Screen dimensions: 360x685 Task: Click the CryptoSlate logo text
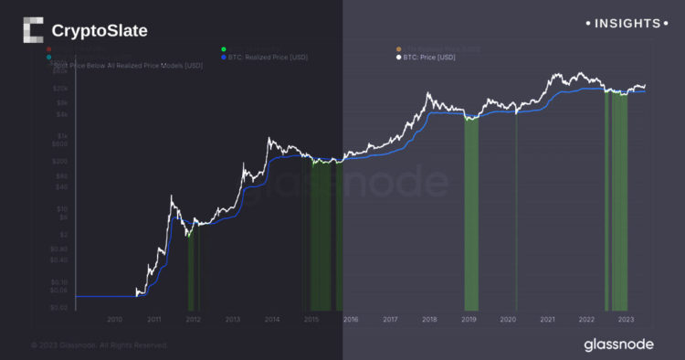pyautogui.click(x=100, y=31)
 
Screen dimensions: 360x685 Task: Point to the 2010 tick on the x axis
pyautogui.click(x=114, y=319)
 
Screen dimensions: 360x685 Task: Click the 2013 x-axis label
pyautogui.click(x=233, y=319)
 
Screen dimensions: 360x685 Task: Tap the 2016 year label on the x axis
pyautogui.click(x=351, y=319)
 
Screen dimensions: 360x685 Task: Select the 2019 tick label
pyautogui.click(x=469, y=319)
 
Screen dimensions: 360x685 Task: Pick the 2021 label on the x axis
pyautogui.click(x=547, y=319)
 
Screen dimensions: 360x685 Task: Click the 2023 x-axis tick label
pyautogui.click(x=626, y=319)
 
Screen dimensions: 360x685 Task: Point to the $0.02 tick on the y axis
pyautogui.click(x=59, y=309)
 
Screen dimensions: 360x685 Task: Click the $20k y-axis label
pyautogui.click(x=59, y=89)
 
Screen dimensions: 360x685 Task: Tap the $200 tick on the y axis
pyautogui.click(x=59, y=162)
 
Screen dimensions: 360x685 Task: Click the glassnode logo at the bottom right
pyautogui.click(x=619, y=344)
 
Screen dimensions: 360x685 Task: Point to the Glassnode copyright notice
pyautogui.click(x=99, y=345)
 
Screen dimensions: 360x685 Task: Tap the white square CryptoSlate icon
pyautogui.click(x=33, y=31)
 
